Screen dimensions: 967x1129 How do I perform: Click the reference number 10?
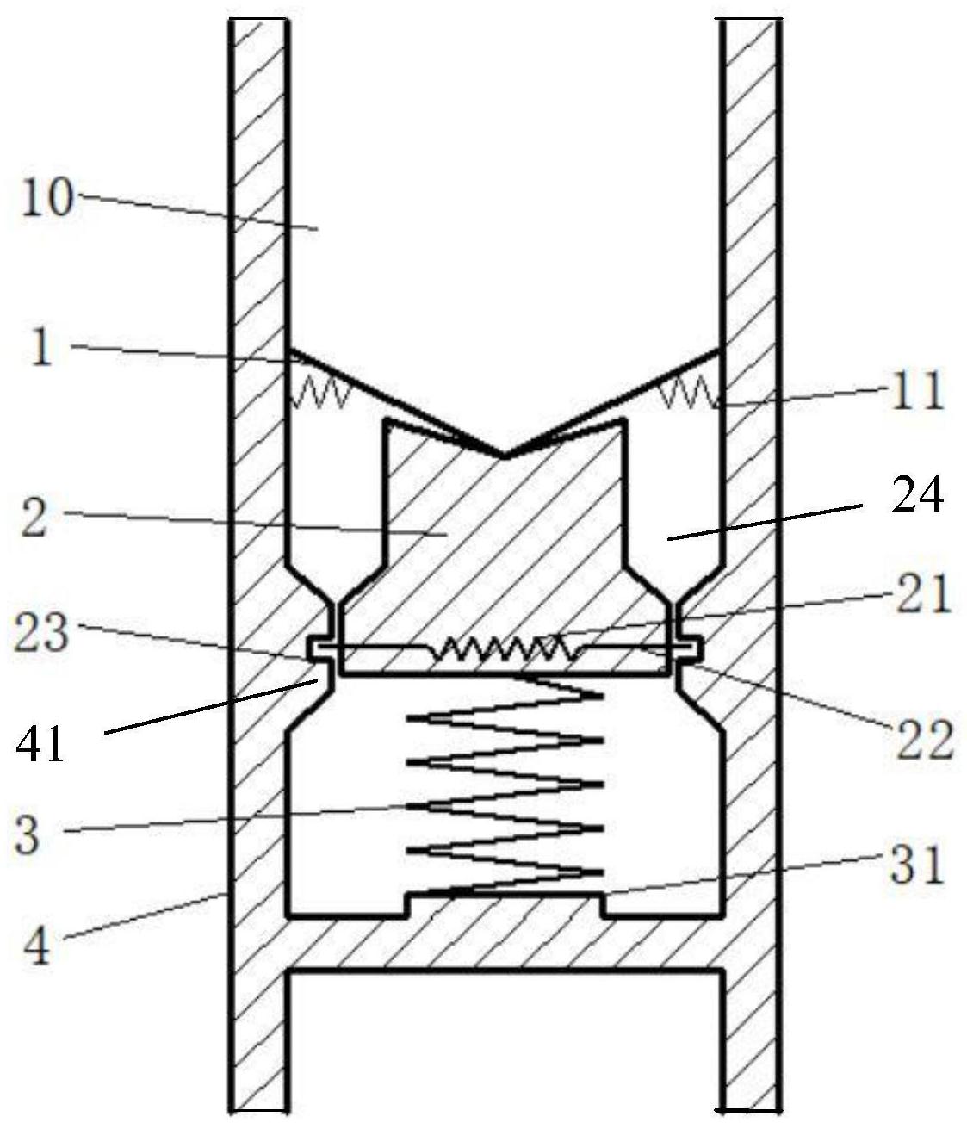point(47,198)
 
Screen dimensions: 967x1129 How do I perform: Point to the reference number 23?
point(41,633)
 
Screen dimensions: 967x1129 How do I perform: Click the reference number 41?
point(40,747)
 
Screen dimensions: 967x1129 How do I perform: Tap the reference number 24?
point(917,494)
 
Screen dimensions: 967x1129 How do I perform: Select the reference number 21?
point(923,594)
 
